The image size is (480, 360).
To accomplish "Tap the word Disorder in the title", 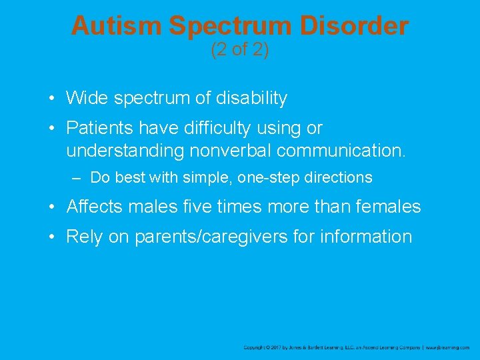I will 355,26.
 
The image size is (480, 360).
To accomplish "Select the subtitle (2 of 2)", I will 240,50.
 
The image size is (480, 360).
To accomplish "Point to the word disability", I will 251,99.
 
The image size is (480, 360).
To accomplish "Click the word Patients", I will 99,128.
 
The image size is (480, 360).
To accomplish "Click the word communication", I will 341,151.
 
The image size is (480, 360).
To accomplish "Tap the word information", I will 367,237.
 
